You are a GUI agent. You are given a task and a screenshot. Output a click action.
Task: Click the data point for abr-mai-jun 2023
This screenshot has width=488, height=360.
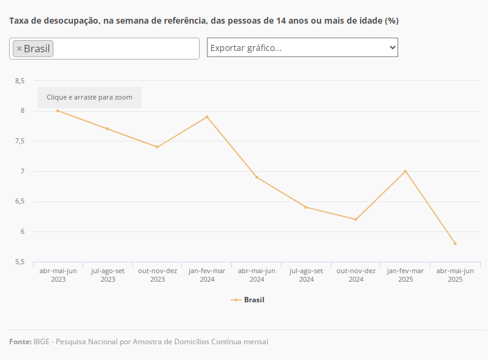(x=58, y=110)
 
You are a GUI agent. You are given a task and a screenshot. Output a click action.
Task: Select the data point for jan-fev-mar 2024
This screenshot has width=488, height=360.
(x=207, y=117)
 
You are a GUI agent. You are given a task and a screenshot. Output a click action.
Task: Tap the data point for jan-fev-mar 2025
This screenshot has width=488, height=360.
(x=405, y=171)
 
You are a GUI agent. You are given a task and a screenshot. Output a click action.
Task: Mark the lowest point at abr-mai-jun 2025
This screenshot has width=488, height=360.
(x=455, y=243)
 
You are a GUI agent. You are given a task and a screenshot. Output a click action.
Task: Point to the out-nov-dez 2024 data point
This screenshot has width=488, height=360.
(x=356, y=219)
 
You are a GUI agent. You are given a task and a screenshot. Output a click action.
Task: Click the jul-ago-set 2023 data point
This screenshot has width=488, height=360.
(x=107, y=129)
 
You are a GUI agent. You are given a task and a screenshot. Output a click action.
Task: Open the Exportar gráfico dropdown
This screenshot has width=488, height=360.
(x=302, y=47)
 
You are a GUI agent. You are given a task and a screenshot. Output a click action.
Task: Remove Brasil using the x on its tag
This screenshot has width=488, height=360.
(x=19, y=49)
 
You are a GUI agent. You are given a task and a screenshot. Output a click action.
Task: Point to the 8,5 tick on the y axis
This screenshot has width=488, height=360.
(x=20, y=81)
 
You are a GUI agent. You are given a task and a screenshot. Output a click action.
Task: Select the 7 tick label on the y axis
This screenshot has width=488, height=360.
(x=22, y=171)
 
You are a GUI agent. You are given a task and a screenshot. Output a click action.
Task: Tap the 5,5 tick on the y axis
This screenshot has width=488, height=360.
(x=20, y=262)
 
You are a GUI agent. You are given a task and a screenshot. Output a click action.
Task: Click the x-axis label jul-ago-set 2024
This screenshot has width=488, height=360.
(x=306, y=275)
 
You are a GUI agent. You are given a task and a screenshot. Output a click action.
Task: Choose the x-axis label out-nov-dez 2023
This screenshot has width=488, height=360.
(x=157, y=275)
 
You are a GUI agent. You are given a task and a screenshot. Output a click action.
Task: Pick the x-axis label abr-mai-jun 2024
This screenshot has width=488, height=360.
(x=256, y=275)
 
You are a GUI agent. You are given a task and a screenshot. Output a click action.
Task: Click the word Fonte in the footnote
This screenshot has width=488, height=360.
(x=20, y=342)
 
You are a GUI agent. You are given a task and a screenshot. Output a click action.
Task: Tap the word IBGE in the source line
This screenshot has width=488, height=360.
(x=42, y=342)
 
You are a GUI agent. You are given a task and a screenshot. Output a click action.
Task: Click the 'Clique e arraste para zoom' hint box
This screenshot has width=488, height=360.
(x=89, y=97)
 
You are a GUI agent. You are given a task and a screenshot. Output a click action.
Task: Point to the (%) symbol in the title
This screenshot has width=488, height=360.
(x=391, y=21)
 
